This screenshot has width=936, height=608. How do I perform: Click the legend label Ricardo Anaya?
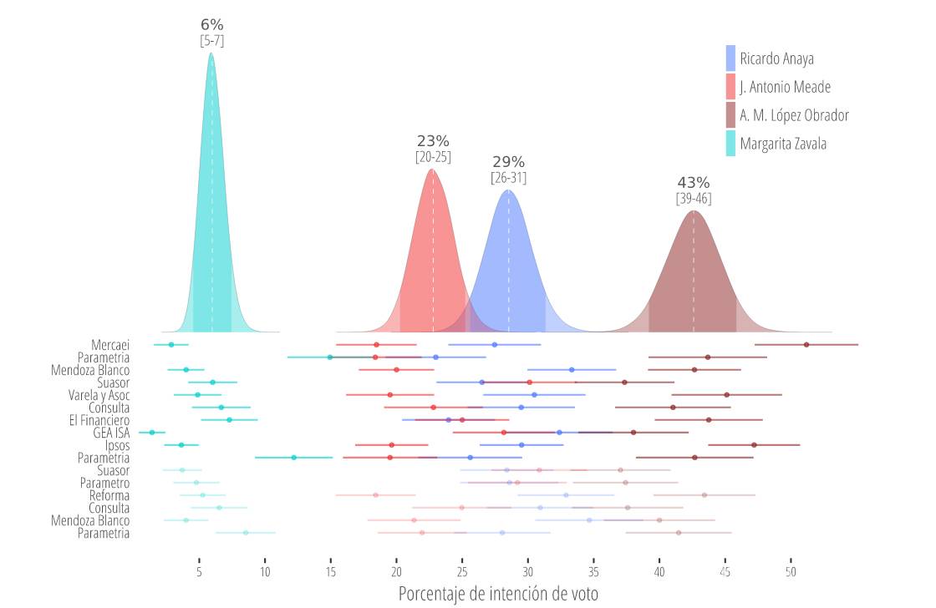coord(776,58)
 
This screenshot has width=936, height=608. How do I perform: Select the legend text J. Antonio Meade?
coord(785,87)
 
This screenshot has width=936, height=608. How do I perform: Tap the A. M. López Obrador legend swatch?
coord(730,115)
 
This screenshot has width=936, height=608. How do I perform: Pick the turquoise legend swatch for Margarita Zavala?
coord(730,144)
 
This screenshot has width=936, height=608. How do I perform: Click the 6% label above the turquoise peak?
coord(212,25)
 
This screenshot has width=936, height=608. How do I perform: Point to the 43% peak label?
coord(694,183)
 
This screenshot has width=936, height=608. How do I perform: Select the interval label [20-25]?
coord(433,156)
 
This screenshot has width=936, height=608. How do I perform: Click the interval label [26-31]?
coord(508,177)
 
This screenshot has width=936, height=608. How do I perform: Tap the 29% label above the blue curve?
coord(508,162)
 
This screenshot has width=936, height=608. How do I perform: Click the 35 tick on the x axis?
coord(593,572)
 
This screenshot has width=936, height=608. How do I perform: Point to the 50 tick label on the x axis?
coord(791,572)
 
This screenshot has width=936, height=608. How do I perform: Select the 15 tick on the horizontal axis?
coord(331,572)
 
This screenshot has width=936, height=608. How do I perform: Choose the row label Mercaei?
coord(110,345)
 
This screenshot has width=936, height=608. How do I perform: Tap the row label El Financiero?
coord(99,420)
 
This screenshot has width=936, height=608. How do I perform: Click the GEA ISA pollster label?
coord(111,433)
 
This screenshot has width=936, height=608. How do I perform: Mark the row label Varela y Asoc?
coord(99,395)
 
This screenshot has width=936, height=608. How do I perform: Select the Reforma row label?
coord(109,495)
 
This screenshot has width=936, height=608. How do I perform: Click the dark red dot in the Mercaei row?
coord(806,344)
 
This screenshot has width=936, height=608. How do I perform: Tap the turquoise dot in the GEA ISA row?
coord(152,433)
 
